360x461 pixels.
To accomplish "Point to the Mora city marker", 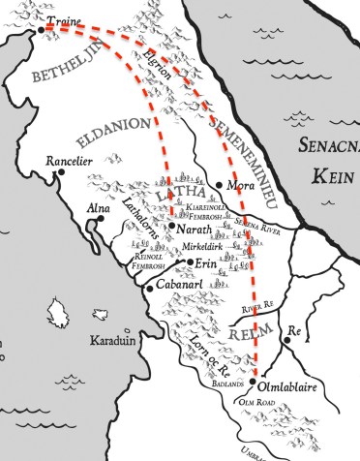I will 220,184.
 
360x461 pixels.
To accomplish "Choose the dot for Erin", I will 190,262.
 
